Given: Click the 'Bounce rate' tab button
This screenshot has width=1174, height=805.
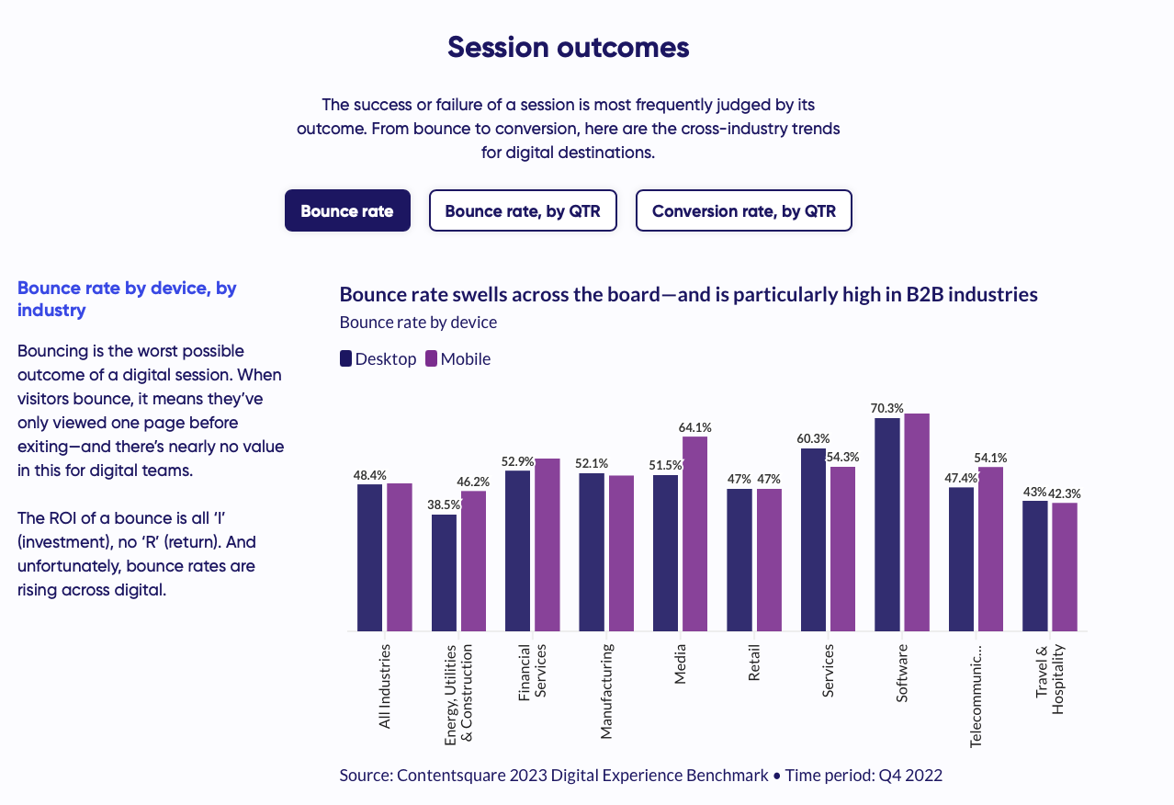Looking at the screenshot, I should coord(347,210).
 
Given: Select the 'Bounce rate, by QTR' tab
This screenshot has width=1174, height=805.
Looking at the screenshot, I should coord(523,210).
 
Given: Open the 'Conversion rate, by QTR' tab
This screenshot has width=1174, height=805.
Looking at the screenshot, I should coord(744,210).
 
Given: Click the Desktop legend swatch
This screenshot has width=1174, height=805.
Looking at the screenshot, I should coord(346,358).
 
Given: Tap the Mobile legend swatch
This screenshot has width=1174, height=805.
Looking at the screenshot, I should coord(432,358).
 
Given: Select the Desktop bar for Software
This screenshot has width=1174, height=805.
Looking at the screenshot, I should coord(887,524).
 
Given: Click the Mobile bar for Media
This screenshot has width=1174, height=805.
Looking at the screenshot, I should coord(695,533).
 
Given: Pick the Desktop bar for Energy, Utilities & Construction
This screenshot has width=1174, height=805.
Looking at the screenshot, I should coord(444,573).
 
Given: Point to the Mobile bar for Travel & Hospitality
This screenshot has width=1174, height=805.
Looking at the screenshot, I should coord(1065,567).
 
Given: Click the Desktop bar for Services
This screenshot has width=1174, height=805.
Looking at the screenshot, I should coord(813,539).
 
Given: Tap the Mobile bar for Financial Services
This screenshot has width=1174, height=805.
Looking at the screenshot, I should coord(547,544).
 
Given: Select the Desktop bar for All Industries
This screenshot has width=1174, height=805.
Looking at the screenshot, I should coord(369,557).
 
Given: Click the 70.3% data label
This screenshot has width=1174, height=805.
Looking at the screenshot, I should coord(887,408).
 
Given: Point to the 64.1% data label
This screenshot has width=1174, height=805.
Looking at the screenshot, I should coord(695,427).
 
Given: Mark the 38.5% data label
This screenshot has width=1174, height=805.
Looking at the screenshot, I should coord(445,505).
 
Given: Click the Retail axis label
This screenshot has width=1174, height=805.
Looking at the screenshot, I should coord(754,662).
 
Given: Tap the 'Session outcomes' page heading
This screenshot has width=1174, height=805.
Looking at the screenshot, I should coord(569,47).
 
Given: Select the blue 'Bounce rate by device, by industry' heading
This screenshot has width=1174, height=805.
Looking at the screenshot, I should coord(127,299).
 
